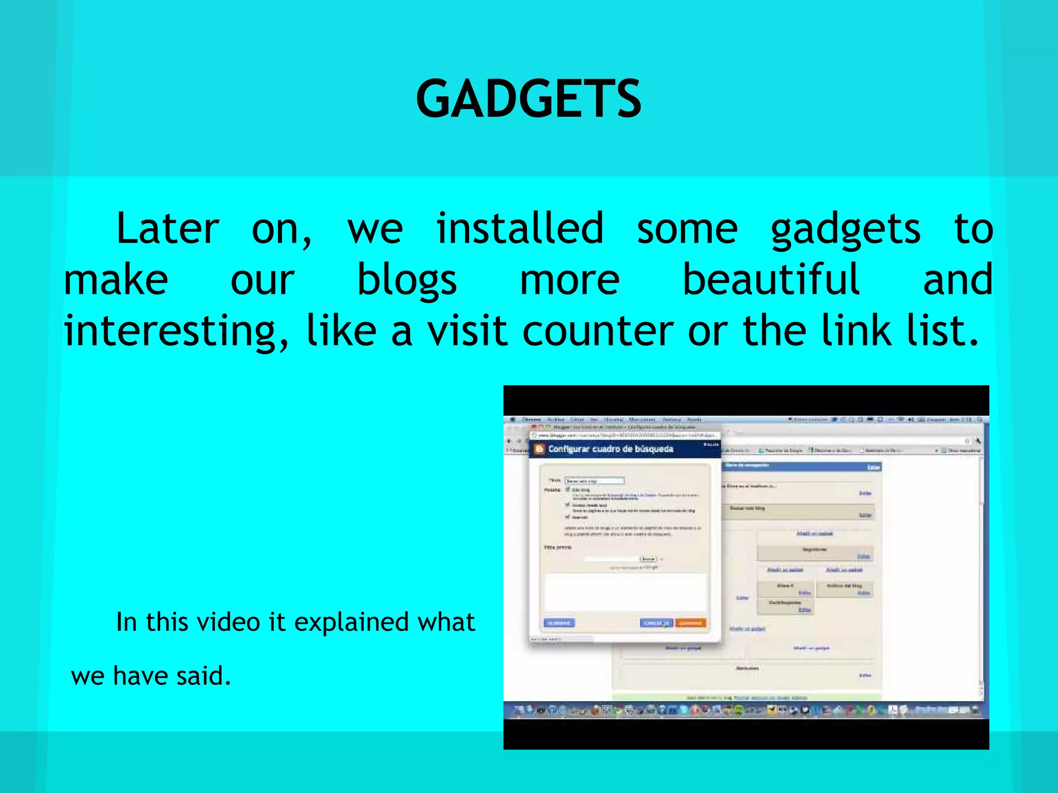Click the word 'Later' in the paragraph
pos(167,229)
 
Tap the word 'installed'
pos(520,229)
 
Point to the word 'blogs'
pos(407,280)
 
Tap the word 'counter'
pos(598,331)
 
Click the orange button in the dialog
pos(690,623)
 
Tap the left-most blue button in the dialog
pos(559,623)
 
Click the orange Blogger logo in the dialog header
pos(539,449)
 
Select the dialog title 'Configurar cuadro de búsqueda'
pos(611,449)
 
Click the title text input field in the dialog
pos(594,481)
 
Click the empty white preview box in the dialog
pos(625,592)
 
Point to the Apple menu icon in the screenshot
pos(512,420)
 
